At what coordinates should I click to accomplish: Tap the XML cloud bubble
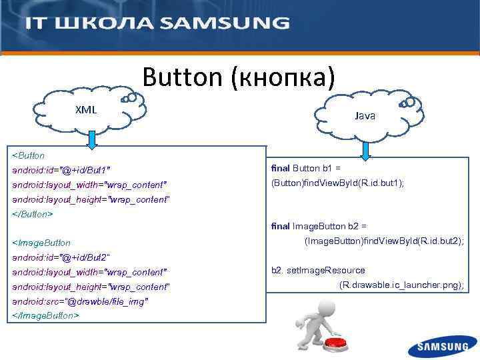[85, 109]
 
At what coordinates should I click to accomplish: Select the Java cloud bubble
[365, 115]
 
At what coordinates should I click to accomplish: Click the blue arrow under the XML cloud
[92, 139]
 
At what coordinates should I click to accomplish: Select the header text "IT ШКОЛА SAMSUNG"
[157, 23]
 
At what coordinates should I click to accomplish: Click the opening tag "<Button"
[29, 155]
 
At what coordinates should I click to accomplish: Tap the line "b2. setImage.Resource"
[318, 270]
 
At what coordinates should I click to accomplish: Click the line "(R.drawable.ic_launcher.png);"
[401, 285]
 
